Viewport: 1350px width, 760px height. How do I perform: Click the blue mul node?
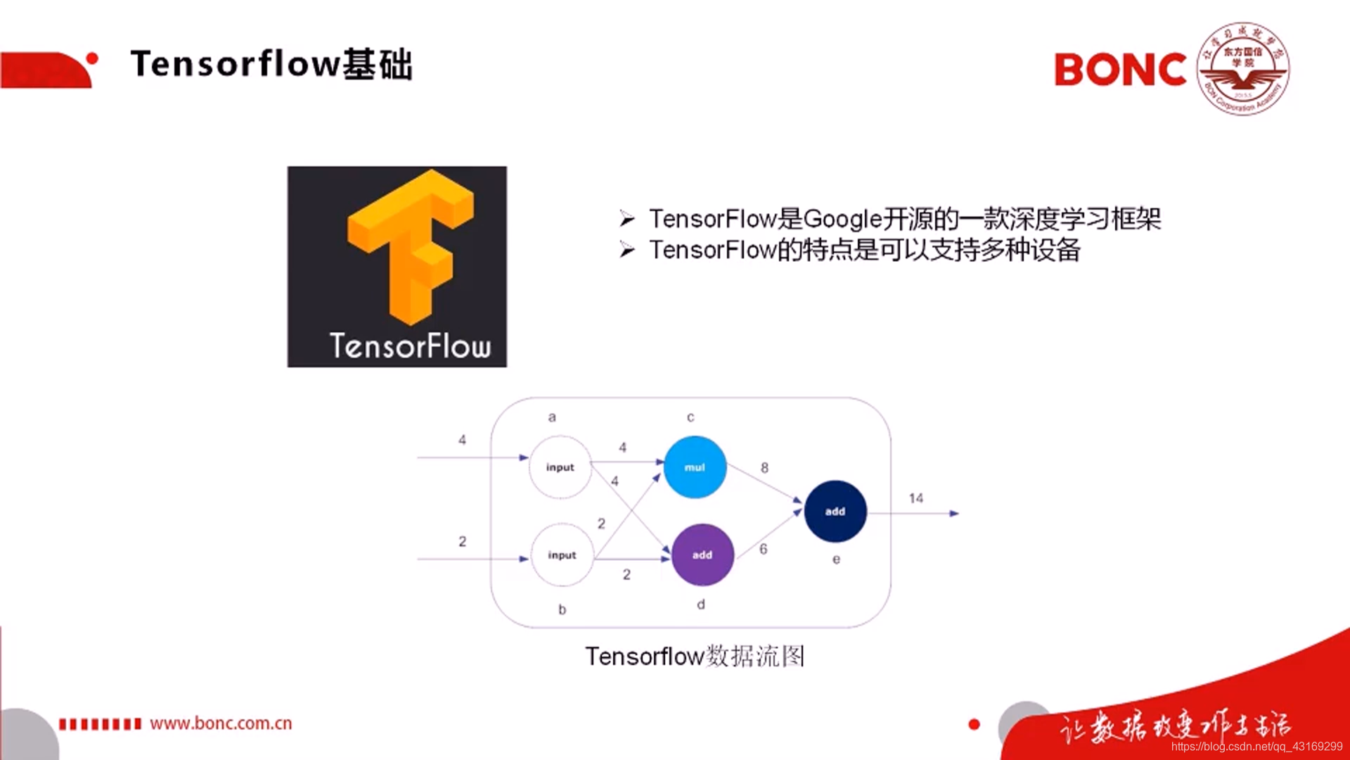point(695,467)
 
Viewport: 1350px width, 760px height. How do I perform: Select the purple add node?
point(702,555)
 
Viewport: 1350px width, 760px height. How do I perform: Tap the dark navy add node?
point(835,512)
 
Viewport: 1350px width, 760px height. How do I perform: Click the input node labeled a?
point(560,467)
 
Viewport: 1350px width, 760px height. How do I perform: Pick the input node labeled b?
point(562,555)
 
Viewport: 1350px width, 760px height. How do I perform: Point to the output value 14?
point(915,498)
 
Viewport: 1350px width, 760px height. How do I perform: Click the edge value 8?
point(764,468)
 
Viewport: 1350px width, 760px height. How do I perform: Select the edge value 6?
point(763,549)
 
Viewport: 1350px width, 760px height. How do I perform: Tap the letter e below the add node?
point(836,559)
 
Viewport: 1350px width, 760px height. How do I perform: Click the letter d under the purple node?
point(701,604)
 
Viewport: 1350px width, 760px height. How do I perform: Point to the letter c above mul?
point(690,417)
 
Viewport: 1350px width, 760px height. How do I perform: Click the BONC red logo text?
point(1120,70)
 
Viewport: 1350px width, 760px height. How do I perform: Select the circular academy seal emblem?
point(1243,69)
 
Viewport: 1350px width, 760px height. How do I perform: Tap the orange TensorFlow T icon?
point(410,243)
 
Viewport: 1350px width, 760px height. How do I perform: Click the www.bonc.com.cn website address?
point(221,723)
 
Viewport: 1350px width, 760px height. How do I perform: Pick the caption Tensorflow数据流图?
point(695,656)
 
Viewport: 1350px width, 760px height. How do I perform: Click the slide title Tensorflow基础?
point(271,64)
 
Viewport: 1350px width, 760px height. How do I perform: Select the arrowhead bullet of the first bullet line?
point(627,219)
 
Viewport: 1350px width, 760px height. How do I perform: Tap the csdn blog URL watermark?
point(1256,747)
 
